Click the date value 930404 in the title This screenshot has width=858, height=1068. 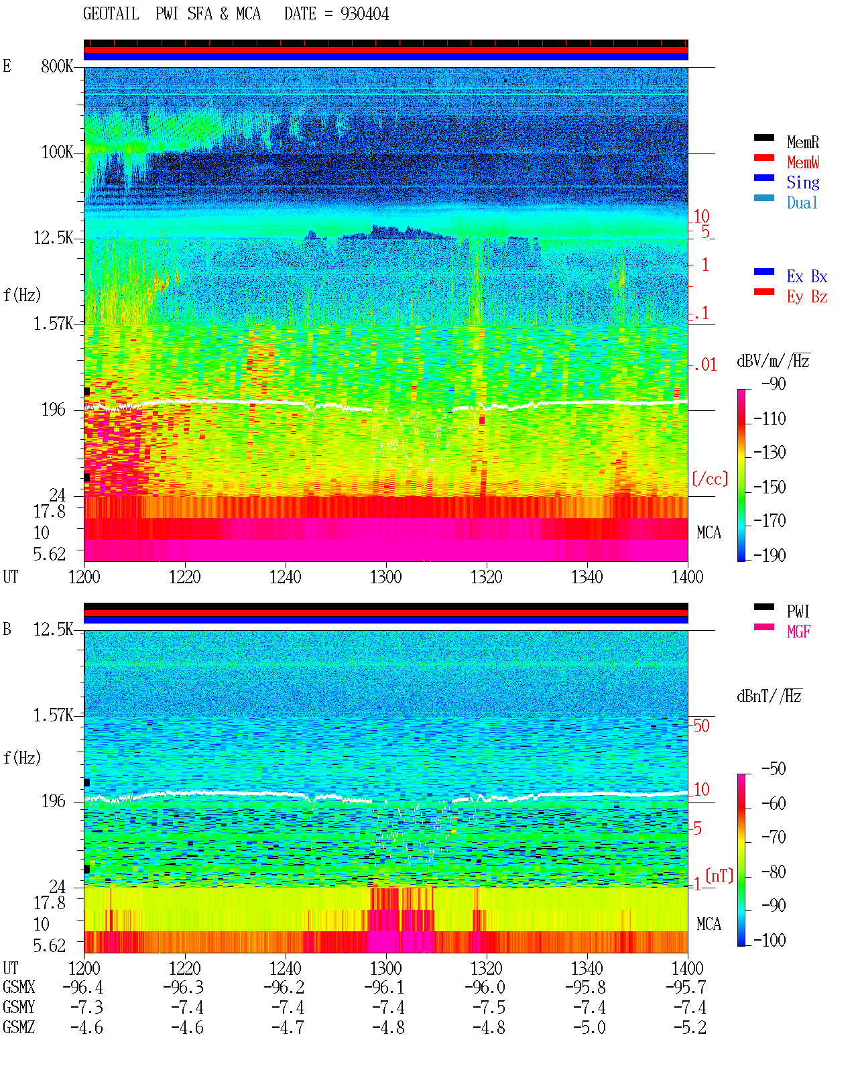(x=364, y=14)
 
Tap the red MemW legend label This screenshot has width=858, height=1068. (x=803, y=162)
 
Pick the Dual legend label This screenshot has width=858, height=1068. (x=802, y=202)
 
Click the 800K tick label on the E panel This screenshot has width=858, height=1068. (x=57, y=66)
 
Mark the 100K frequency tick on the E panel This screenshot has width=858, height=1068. (x=57, y=152)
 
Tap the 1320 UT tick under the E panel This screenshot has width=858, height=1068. (x=487, y=577)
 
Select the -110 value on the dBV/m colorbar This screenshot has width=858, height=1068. (x=770, y=419)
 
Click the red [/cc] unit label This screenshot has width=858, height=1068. (x=710, y=479)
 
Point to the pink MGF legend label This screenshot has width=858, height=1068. (x=798, y=632)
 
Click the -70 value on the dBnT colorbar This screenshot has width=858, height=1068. (x=774, y=837)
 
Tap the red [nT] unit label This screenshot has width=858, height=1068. (x=719, y=876)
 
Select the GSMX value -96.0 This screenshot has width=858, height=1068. (x=485, y=987)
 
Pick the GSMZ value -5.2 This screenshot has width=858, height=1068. (x=690, y=1027)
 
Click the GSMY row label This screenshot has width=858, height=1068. (x=19, y=1008)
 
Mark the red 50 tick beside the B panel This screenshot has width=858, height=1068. (x=701, y=726)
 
